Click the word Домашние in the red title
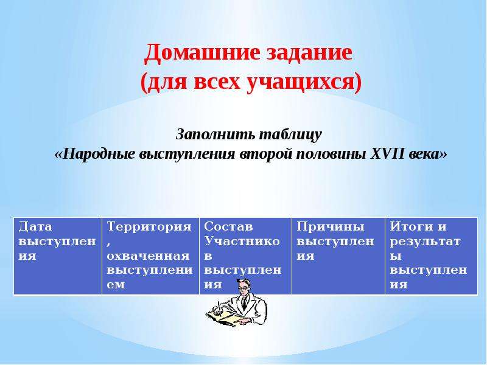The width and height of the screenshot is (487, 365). tap(202, 52)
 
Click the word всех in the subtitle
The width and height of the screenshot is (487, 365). tap(217, 82)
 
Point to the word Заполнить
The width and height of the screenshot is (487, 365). tap(215, 134)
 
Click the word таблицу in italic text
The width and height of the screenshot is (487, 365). tap(290, 134)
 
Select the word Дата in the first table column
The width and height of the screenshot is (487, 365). tap(35, 226)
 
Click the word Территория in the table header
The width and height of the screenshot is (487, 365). tap(149, 226)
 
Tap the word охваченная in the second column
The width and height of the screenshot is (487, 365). tap(148, 255)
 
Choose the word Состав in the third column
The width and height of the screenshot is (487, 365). tap(228, 226)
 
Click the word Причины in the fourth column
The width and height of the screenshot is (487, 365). tap(330, 226)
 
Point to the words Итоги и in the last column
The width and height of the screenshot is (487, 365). tap(418, 226)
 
